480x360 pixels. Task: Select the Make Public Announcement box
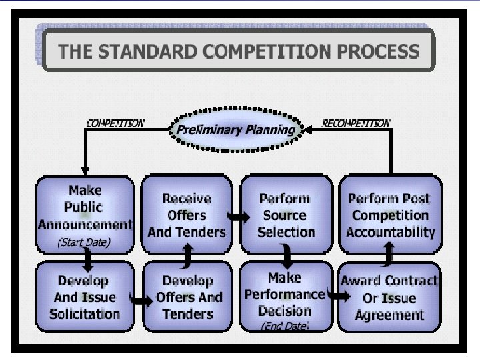(x=84, y=207)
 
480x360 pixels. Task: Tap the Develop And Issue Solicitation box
(x=84, y=297)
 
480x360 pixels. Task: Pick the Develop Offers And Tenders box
(x=187, y=297)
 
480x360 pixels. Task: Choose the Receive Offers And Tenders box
(x=187, y=215)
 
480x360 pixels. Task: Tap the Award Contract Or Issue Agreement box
(x=389, y=297)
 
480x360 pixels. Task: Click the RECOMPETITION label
(x=356, y=123)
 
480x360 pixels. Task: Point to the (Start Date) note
(x=84, y=242)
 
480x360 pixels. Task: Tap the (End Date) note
(x=285, y=326)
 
